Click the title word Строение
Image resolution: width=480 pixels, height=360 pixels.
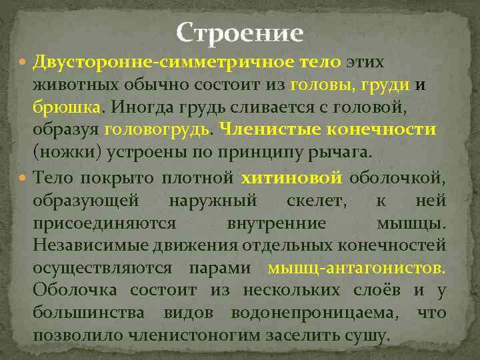tap(240, 33)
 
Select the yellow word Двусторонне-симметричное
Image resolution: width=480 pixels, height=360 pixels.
tap(163, 62)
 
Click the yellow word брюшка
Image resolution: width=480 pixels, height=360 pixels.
tap(67, 107)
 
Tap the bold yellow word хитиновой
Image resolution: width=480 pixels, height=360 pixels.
tap(291, 177)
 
